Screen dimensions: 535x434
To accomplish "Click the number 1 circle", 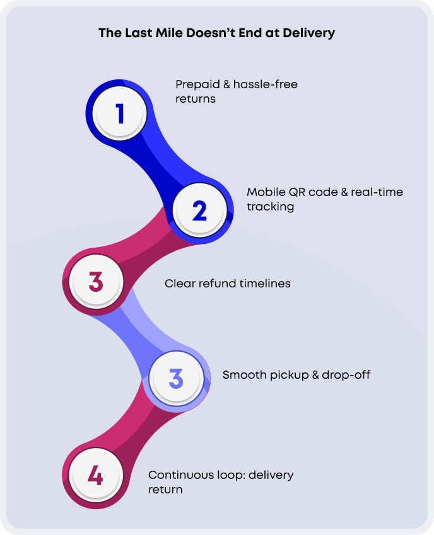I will pyautogui.click(x=120, y=114).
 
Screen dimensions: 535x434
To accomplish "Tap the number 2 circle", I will pyautogui.click(x=199, y=210).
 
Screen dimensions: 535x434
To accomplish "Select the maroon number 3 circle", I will pyautogui.click(x=96, y=281).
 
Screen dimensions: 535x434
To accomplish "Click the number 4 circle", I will pyautogui.click(x=95, y=475).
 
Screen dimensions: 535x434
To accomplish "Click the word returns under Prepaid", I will pyautogui.click(x=196, y=99).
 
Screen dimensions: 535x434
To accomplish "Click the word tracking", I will pyautogui.click(x=271, y=207).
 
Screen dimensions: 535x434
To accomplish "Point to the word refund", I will pyautogui.click(x=217, y=284).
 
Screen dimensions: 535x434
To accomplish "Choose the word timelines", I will pyautogui.click(x=265, y=284).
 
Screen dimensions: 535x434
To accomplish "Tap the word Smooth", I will pyautogui.click(x=242, y=375).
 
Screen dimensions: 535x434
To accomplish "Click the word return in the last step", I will pyautogui.click(x=165, y=489).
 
